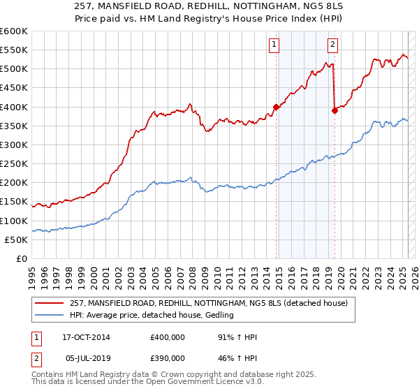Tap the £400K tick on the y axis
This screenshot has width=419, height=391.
(14, 107)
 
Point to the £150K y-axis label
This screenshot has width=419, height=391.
(14, 202)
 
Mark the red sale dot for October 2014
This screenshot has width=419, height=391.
(276, 107)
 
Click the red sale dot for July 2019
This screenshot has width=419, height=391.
(335, 110)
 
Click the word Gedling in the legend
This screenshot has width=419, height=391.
(218, 315)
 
